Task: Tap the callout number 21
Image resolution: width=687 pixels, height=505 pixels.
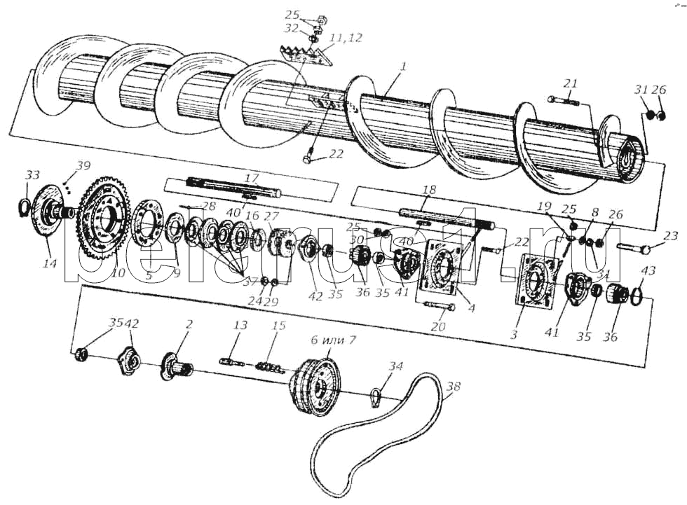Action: coord(571,84)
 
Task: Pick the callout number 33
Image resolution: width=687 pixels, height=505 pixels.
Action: coord(32,174)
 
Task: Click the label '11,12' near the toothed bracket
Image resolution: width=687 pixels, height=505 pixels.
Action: coord(346,38)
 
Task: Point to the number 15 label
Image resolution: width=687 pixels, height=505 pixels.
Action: coord(279,326)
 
